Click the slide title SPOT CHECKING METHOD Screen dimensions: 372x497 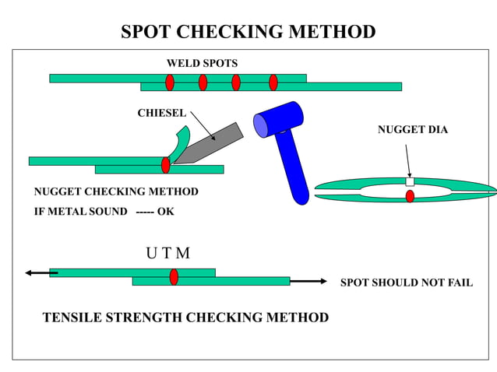coord(248,32)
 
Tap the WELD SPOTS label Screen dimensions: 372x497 coord(202,63)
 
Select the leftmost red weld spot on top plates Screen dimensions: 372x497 coord(169,82)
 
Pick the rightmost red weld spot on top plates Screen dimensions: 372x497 coord(273,82)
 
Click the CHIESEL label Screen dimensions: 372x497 coord(161,113)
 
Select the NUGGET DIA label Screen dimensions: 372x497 coord(412,129)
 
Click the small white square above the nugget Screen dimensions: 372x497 coord(410,182)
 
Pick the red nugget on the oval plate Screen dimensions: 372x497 coord(410,196)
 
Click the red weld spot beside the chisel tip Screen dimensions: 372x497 coord(165,165)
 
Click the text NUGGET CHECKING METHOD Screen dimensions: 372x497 coord(116,191)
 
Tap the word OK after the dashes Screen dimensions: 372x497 coord(166,211)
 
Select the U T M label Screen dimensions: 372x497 coord(167,254)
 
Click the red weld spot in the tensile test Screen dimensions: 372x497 coord(174,276)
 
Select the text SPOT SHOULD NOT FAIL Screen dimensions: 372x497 coord(406,283)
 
